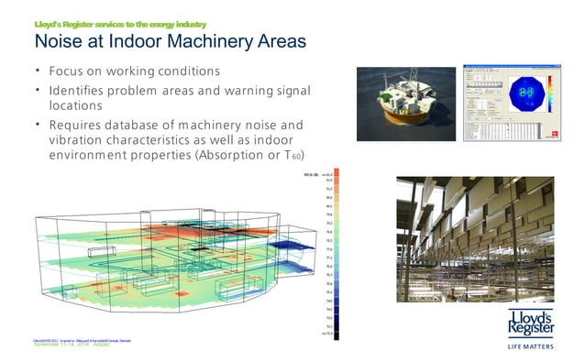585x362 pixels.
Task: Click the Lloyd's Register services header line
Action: [x=119, y=23]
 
